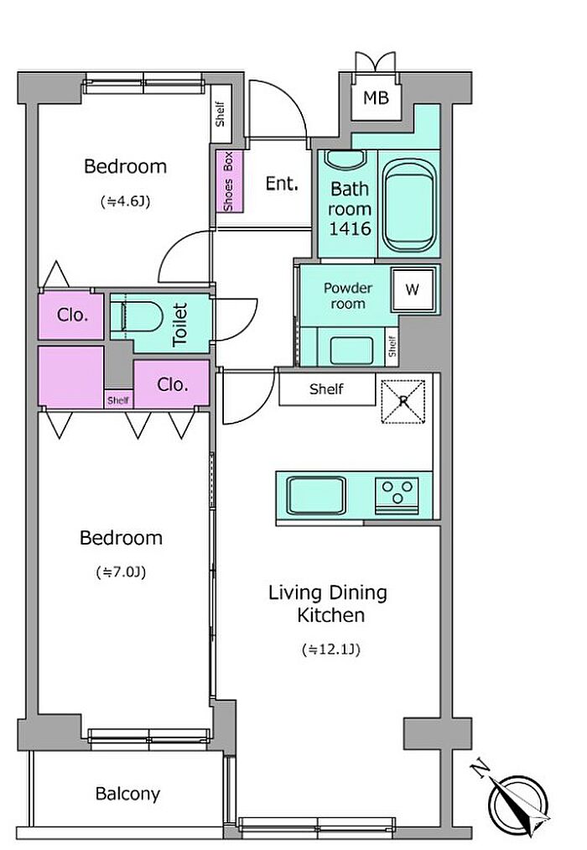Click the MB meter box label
pos(376,98)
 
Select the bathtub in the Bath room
pos(409,205)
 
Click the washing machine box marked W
pos(413,289)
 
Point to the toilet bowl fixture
pos(136,316)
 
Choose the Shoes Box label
pos(229,181)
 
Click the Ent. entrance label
pos(282,184)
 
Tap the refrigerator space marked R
pos(403,401)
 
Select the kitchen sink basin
pos(316,495)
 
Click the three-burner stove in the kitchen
pos(397,495)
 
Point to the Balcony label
pos(127,794)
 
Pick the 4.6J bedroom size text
pos(125,201)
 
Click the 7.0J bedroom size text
pos(121,572)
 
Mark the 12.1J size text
pos(331,649)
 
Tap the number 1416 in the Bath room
pos(350,229)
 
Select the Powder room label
pos(348,296)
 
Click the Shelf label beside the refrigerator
pos(326,388)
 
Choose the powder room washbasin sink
pos(351,351)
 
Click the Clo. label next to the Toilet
pos(73,315)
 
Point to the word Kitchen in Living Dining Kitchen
pos(331,615)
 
